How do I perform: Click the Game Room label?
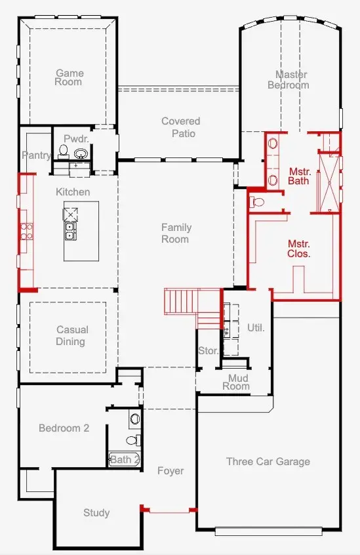pyautogui.click(x=69, y=77)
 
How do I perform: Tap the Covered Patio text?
pyautogui.click(x=181, y=127)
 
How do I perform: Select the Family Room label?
pyautogui.click(x=176, y=233)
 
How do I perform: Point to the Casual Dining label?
pyautogui.click(x=71, y=336)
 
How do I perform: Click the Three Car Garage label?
pyautogui.click(x=268, y=462)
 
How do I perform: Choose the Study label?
pyautogui.click(x=96, y=513)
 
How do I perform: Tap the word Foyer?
pyautogui.click(x=170, y=471)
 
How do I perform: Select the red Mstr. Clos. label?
pyautogui.click(x=299, y=248)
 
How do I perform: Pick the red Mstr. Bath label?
pyautogui.click(x=299, y=176)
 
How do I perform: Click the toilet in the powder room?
pyautogui.click(x=64, y=152)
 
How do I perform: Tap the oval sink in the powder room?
pyautogui.click(x=81, y=154)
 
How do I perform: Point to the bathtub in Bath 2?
pyautogui.click(x=124, y=459)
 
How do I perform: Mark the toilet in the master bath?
pyautogui.click(x=257, y=202)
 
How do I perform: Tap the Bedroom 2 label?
pyautogui.click(x=64, y=428)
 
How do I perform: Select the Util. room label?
pyautogui.click(x=256, y=327)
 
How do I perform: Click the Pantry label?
pyautogui.click(x=36, y=155)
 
